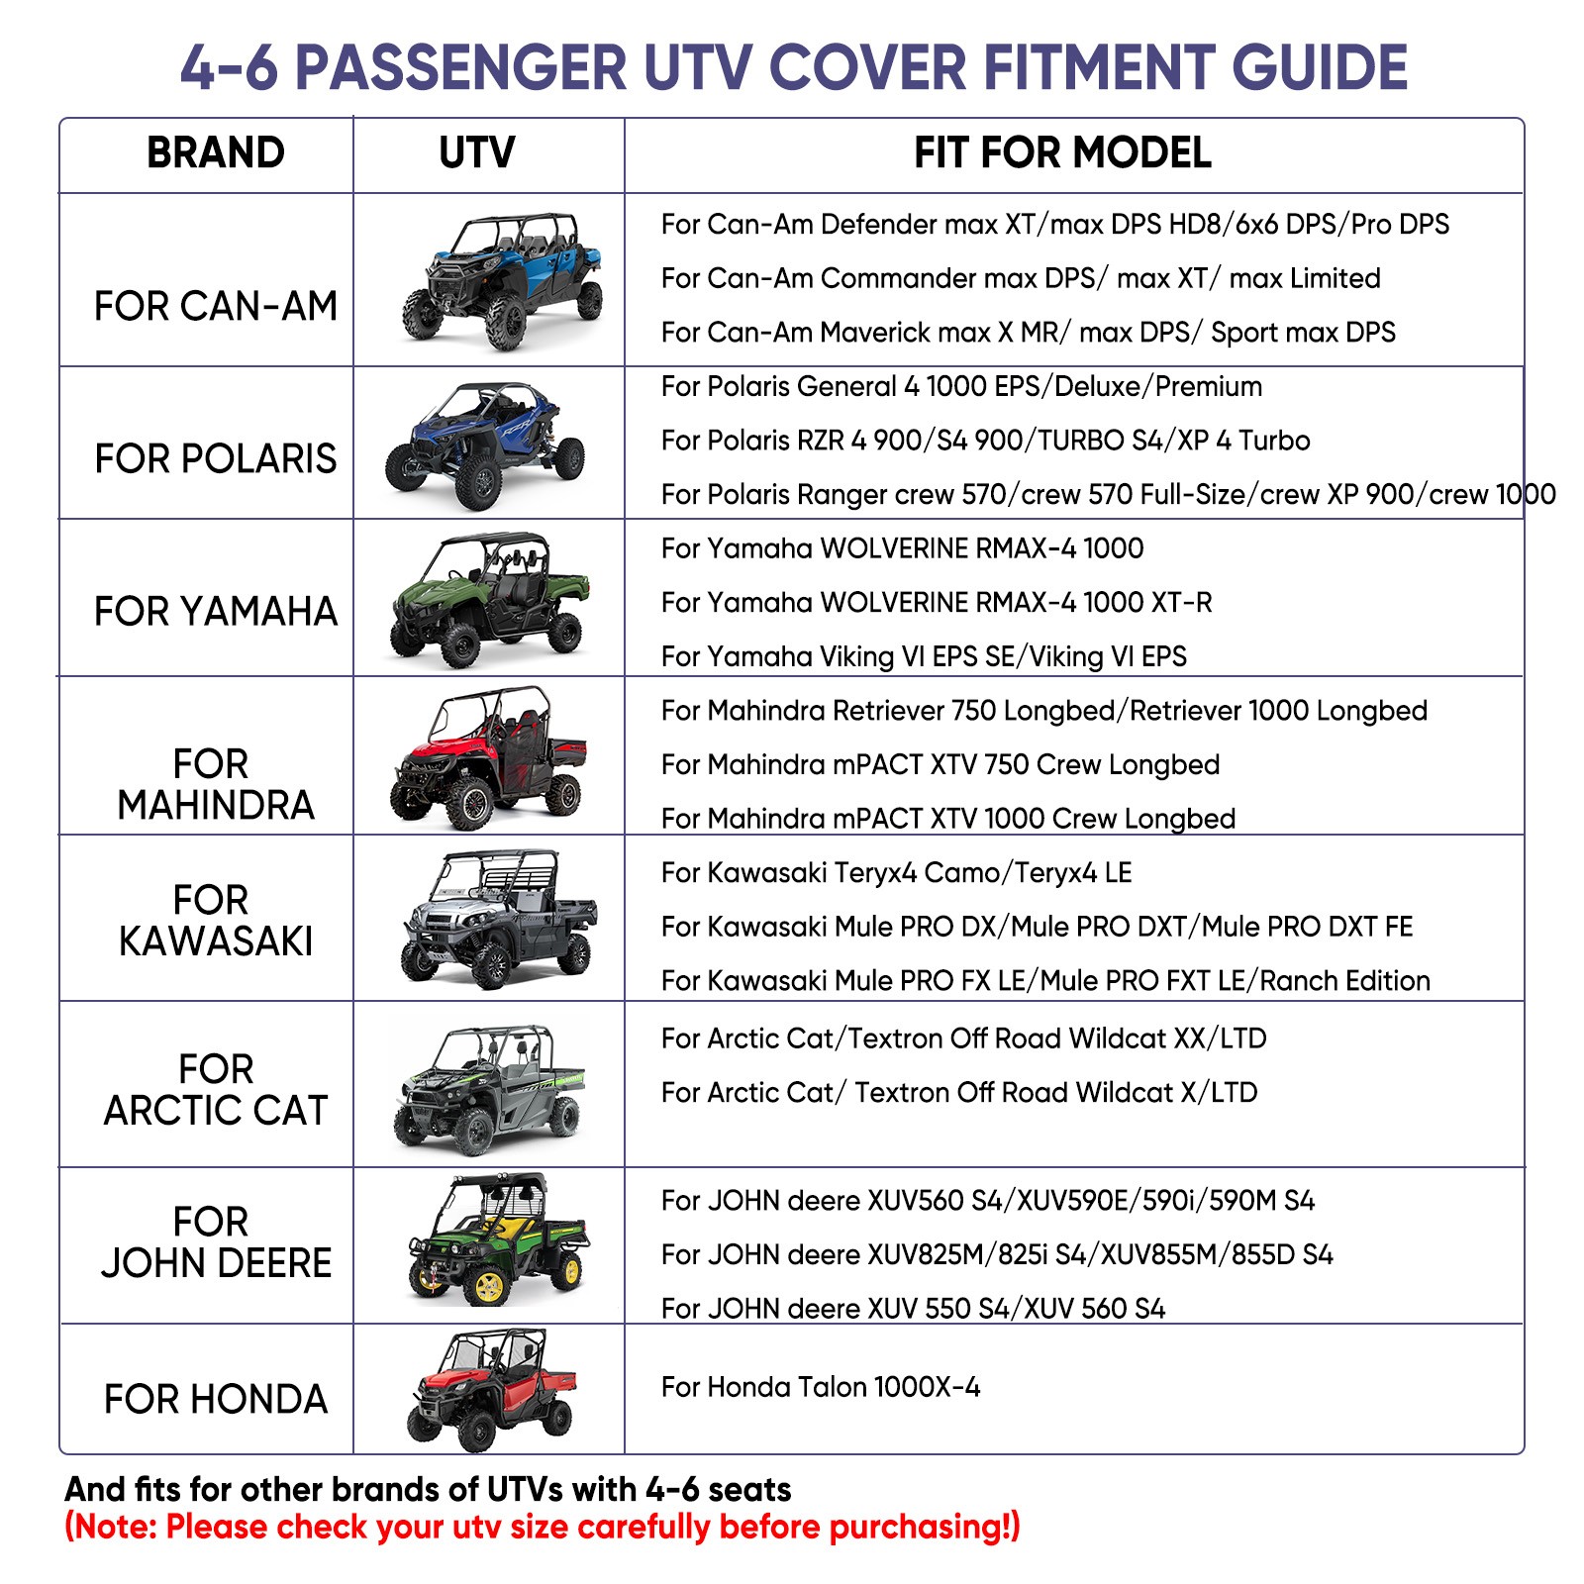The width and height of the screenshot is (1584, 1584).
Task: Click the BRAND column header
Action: pyautogui.click(x=215, y=153)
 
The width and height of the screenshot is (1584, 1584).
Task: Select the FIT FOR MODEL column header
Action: pyautogui.click(x=1061, y=153)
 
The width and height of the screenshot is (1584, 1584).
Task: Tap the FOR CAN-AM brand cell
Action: pyautogui.click(x=215, y=306)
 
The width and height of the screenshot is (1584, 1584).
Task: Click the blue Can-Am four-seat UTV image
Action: pyautogui.click(x=503, y=280)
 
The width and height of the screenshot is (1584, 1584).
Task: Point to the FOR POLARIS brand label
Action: pyautogui.click(x=215, y=458)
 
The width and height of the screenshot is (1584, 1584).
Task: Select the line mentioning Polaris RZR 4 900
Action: pyautogui.click(x=985, y=441)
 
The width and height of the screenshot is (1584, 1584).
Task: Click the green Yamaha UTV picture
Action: pyautogui.click(x=490, y=599)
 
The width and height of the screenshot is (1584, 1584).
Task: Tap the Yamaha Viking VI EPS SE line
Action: pyautogui.click(x=923, y=656)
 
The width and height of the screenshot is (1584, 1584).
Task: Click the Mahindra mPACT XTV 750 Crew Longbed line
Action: pyautogui.click(x=940, y=764)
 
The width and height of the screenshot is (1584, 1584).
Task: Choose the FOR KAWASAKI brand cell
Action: pyautogui.click(x=215, y=920)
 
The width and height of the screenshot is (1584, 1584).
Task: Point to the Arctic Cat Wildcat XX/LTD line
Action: pyautogui.click(x=963, y=1039)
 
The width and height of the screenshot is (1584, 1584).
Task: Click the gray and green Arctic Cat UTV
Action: pyautogui.click(x=490, y=1089)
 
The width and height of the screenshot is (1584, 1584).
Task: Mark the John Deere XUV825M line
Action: pyautogui.click(x=996, y=1254)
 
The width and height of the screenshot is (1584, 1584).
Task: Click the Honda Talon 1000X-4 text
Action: pyautogui.click(x=821, y=1387)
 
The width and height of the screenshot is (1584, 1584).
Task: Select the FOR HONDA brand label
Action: pyautogui.click(x=215, y=1399)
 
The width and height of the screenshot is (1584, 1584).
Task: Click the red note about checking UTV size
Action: pyautogui.click(x=542, y=1527)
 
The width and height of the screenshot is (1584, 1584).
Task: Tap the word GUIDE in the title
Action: pyautogui.click(x=1319, y=67)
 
